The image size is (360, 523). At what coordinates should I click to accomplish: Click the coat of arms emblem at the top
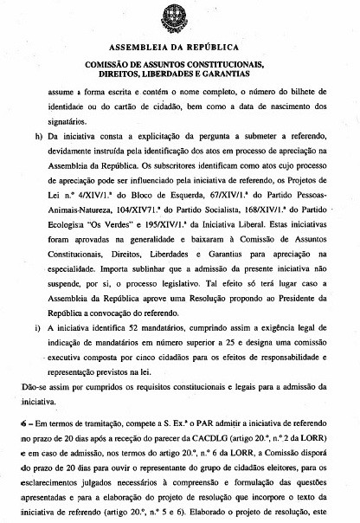coord(178,15)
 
